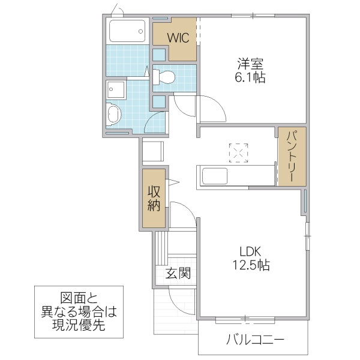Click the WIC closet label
point(178,37)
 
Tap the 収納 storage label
point(154,199)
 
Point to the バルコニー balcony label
point(256,341)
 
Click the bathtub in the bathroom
point(127,31)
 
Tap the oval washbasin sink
point(114,115)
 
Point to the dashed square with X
point(238,152)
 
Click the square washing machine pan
point(116,91)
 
